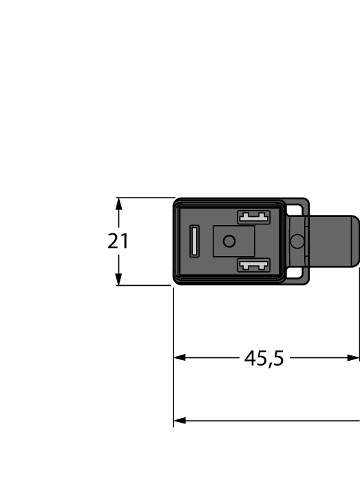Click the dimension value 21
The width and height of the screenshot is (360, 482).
coord(118,242)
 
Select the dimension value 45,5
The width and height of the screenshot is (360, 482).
coord(264,358)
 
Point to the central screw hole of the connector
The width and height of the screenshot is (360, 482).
coord(229,241)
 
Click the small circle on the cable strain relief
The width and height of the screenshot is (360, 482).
coord(297,241)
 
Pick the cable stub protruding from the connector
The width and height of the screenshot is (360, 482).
coord(334,241)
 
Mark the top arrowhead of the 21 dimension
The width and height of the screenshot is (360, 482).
coord(119,204)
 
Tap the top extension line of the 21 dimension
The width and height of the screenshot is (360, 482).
coord(145,198)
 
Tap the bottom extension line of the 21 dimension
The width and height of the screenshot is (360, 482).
coord(145,285)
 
